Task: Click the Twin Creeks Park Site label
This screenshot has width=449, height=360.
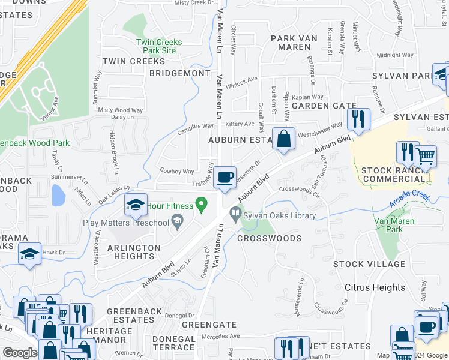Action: pos(159,47)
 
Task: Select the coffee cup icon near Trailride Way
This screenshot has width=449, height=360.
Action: pos(225,178)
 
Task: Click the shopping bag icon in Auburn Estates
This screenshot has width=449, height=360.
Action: pos(284,139)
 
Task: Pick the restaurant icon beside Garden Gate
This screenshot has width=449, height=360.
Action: pos(358,119)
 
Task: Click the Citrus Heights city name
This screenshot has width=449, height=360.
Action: pos(375,287)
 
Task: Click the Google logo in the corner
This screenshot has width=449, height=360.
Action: pos(20,353)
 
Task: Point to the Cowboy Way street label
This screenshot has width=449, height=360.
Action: pos(176,171)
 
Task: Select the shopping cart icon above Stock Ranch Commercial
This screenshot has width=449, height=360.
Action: pos(425,156)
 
